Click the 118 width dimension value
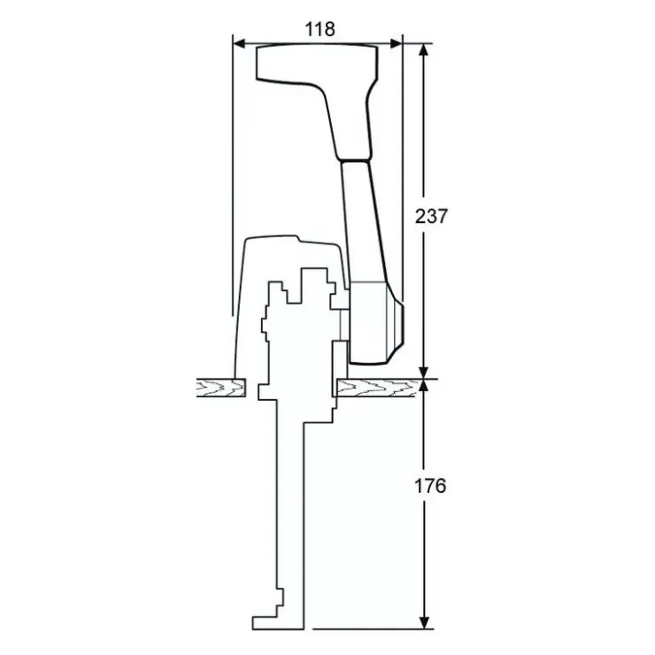[320, 29]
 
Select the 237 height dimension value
[431, 216]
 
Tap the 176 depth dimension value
[430, 486]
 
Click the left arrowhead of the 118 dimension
[239, 43]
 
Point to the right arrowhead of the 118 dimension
[396, 43]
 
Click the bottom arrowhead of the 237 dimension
[424, 373]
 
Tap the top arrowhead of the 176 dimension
[424, 386]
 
